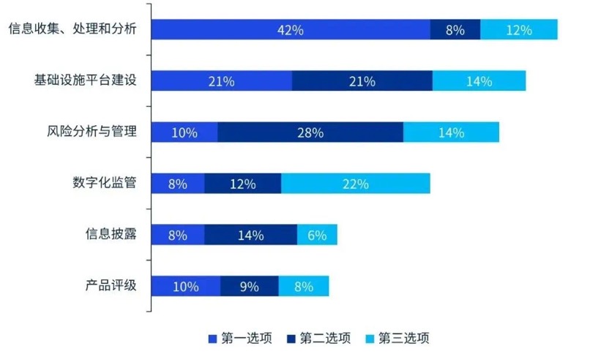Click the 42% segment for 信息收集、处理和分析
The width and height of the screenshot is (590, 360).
tap(291, 30)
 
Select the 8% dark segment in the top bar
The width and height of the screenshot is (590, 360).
tap(455, 30)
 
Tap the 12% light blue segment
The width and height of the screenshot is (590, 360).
tap(519, 30)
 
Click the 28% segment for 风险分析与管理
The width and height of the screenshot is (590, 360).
tap(310, 132)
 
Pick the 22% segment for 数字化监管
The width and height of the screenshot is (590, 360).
tap(356, 184)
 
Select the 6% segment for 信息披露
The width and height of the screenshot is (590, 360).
tap(317, 235)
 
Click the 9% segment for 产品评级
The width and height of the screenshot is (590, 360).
tap(250, 286)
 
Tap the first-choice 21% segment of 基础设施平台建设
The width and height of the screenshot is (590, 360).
tap(221, 81)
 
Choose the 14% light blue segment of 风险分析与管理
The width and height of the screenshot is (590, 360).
tap(451, 132)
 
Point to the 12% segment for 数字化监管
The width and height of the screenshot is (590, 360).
tap(242, 184)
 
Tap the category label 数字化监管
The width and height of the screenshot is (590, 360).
tap(105, 183)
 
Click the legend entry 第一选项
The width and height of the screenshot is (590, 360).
tap(242, 338)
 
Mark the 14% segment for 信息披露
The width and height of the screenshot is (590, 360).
tap(250, 235)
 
